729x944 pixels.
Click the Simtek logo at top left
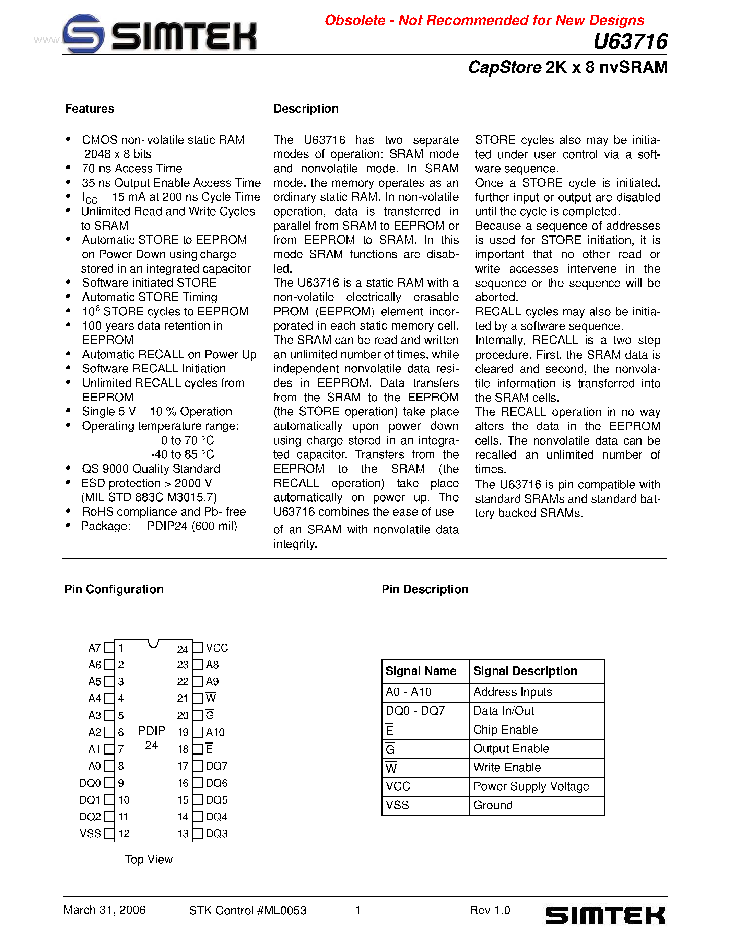[160, 34]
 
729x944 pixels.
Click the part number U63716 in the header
[630, 42]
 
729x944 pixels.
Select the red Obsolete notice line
[484, 20]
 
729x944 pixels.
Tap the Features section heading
[90, 109]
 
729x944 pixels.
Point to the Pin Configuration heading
[114, 589]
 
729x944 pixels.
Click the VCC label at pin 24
[217, 648]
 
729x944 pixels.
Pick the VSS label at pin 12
[90, 833]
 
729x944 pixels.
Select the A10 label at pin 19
[215, 732]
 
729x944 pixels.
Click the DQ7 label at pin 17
[217, 766]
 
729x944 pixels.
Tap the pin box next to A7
[110, 648]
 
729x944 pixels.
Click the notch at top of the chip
[153, 643]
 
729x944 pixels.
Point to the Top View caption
[149, 859]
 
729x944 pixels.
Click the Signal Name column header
[421, 671]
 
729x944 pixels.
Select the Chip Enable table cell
[505, 729]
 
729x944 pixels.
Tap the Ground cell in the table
[493, 805]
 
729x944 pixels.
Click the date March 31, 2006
[105, 910]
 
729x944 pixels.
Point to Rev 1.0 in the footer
[490, 910]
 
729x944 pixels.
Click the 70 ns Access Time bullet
[132, 168]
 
